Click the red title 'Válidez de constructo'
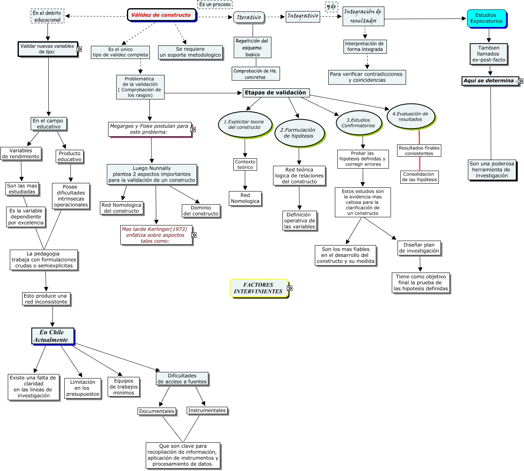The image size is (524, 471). [161, 15]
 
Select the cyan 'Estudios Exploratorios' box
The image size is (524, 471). [486, 18]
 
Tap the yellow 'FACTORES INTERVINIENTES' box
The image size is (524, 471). [258, 288]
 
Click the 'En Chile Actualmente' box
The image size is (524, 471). [53, 336]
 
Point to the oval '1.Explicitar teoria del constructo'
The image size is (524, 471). [244, 124]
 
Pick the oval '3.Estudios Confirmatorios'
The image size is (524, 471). [358, 123]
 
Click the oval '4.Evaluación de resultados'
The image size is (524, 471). [410, 117]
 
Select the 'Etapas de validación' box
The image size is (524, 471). [276, 93]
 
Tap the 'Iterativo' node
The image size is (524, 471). [249, 18]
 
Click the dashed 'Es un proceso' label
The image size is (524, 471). [215, 5]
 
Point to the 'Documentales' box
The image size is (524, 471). [157, 411]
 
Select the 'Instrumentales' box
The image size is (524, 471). [207, 410]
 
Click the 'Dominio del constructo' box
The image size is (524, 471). [201, 211]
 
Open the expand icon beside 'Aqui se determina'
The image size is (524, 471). [520, 81]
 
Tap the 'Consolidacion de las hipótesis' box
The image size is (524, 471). [419, 177]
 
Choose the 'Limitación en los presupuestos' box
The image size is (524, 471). [83, 388]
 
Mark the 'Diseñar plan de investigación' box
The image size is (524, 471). [419, 248]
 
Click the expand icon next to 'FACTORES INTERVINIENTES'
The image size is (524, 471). [290, 288]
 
